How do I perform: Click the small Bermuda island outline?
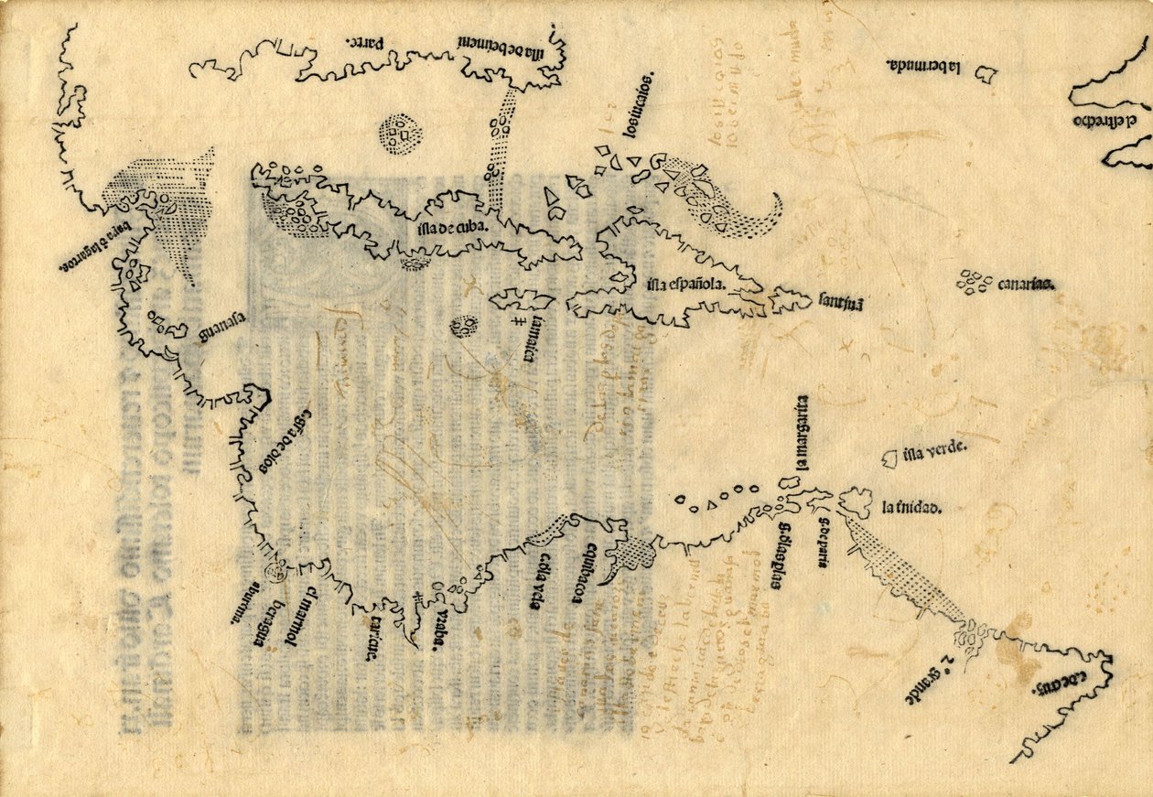click(x=985, y=74)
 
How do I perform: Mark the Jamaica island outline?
click(x=520, y=300)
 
